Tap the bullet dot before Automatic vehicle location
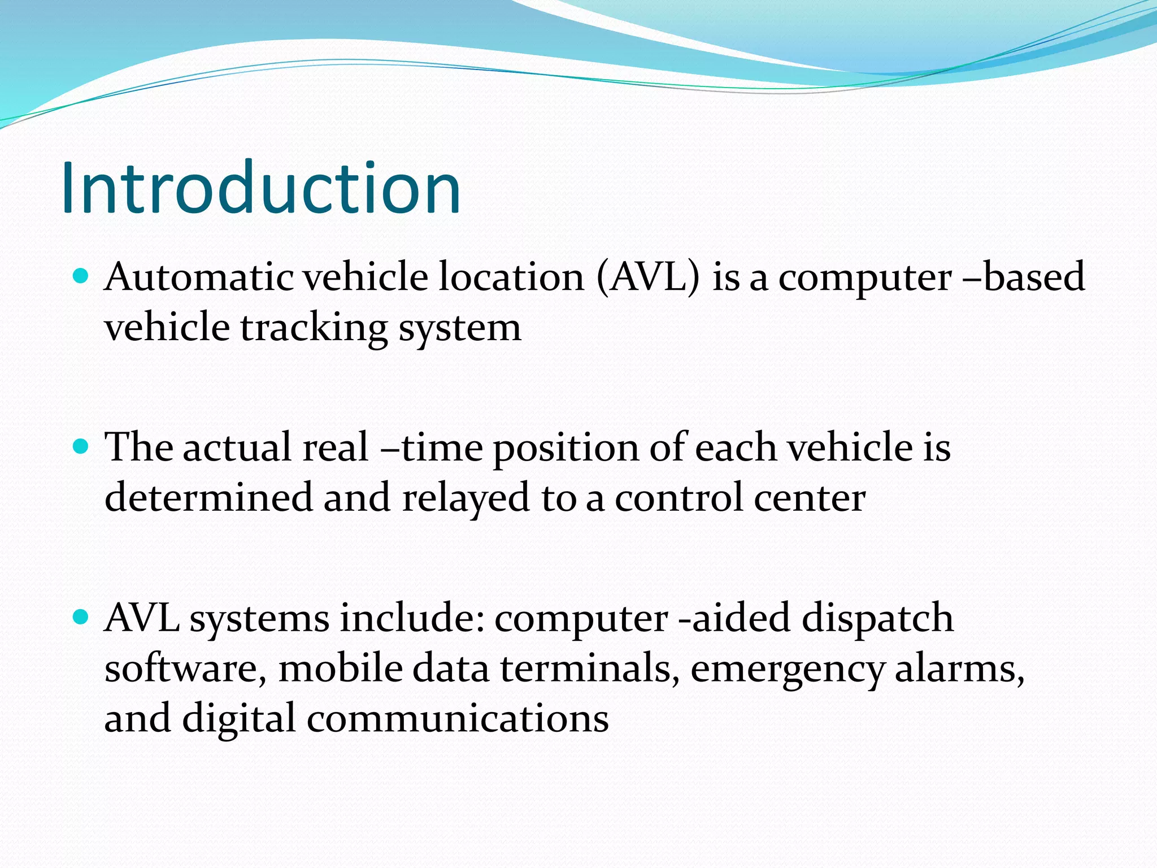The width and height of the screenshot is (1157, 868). [82, 276]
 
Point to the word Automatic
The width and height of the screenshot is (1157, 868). [199, 277]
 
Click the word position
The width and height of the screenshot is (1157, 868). [566, 448]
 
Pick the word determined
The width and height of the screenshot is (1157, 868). [208, 497]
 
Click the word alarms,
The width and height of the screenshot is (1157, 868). [960, 669]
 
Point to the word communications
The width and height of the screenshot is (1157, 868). [458, 718]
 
